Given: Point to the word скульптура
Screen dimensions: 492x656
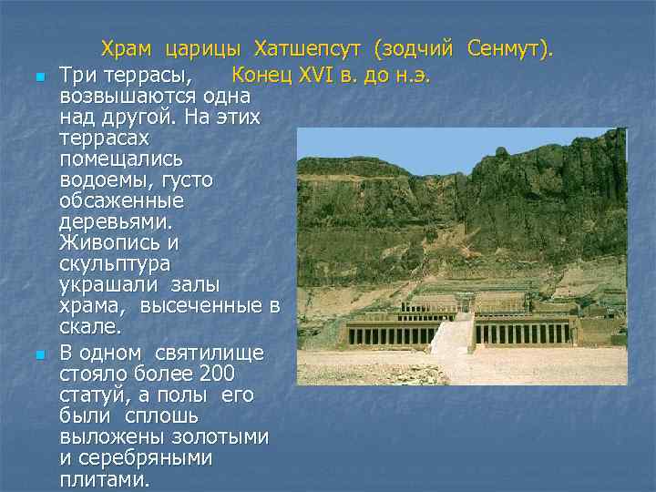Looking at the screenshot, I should [114, 264].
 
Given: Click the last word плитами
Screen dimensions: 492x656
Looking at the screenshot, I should [104, 479].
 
